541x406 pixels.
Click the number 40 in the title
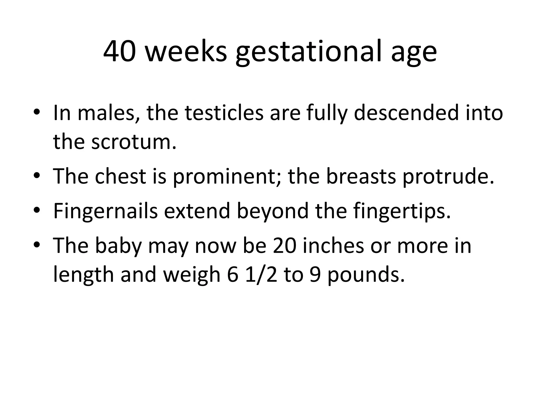pyautogui.click(x=120, y=52)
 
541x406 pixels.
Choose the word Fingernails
pyautogui.click(x=105, y=211)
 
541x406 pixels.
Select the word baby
pyautogui.click(x=118, y=246)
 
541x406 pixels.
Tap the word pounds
pyautogui.click(x=366, y=275)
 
